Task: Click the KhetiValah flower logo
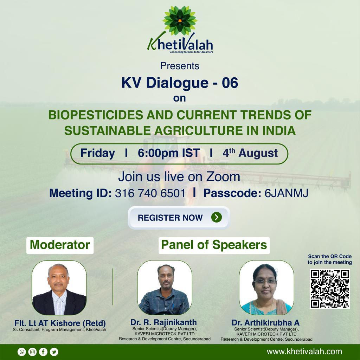pos(180,21)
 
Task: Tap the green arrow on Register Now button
pos(217,217)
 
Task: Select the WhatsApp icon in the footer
pos(22,352)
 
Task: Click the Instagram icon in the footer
pos(32,352)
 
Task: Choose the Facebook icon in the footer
pos(43,352)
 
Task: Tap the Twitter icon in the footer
pos(54,352)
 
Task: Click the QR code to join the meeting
pos(330,289)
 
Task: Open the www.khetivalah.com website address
pos(304,352)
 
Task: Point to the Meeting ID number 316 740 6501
pos(150,193)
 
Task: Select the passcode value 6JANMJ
pos(286,193)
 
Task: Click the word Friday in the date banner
pos(98,153)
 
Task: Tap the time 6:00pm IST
pos(169,153)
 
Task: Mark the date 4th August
pos(250,153)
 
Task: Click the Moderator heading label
pos(60,245)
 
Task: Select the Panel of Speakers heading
pos(214,245)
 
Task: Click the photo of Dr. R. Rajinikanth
pos(165,288)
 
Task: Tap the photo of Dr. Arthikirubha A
pos(266,288)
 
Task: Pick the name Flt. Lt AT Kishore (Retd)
pos(60,323)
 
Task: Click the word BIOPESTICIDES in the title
pos(96,115)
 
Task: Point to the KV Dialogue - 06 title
pos(180,83)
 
